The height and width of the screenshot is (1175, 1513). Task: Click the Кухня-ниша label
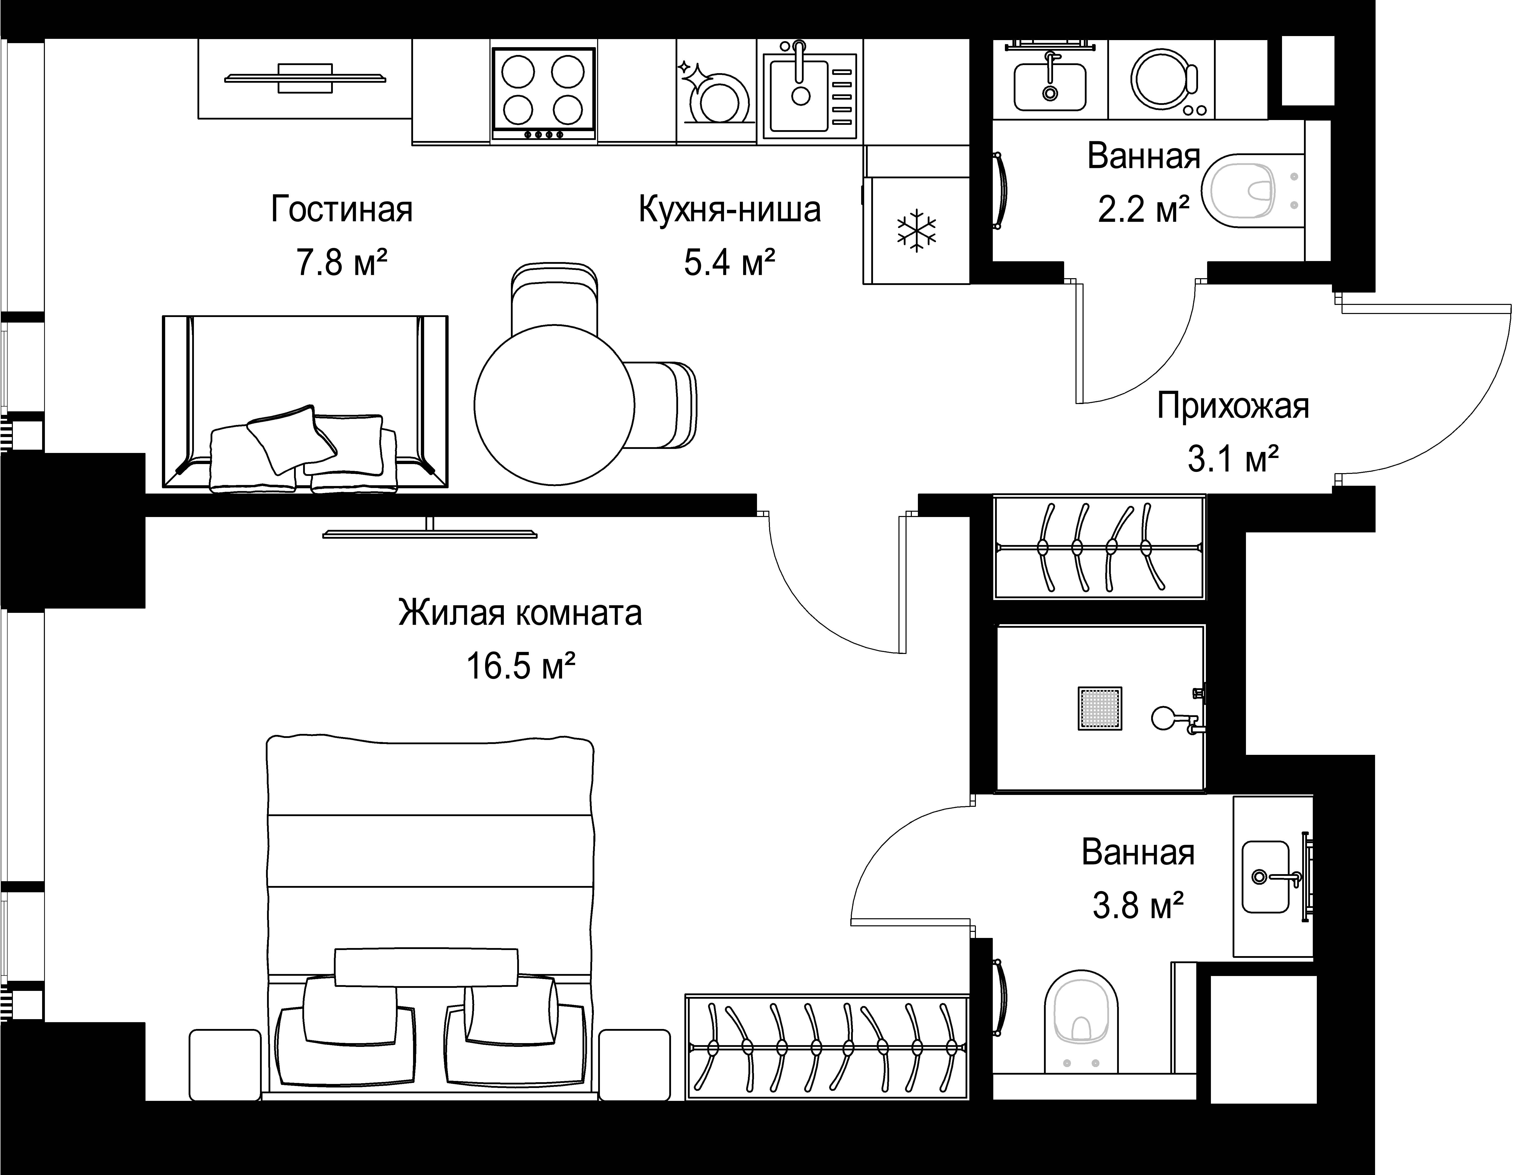(730, 209)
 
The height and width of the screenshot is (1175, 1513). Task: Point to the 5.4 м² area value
(730, 263)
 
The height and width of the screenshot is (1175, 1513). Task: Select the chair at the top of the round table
(554, 298)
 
